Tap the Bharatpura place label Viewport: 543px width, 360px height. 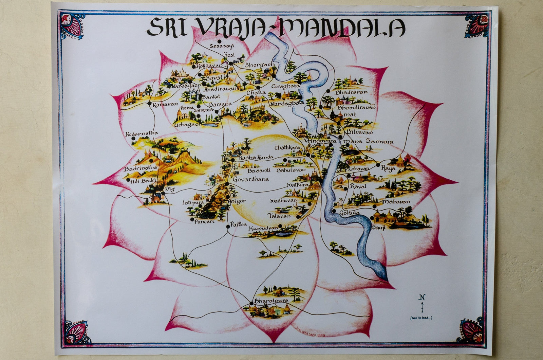(x=271, y=301)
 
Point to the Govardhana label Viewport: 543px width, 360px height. (x=251, y=179)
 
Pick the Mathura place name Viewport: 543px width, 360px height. (x=297, y=185)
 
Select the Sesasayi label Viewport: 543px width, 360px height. (x=222, y=46)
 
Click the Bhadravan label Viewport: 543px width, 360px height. (x=352, y=92)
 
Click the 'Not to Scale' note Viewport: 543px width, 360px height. (x=422, y=318)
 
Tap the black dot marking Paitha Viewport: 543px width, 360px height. (x=228, y=227)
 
